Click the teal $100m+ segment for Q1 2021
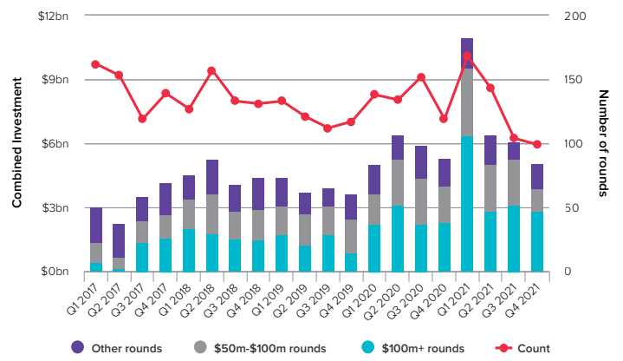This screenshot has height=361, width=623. coord(467,204)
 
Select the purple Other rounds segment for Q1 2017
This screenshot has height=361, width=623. coord(96,225)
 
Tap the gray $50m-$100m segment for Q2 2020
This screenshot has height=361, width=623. coord(398,182)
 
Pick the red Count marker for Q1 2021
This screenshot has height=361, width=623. coord(467,56)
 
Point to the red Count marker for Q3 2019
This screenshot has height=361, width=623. coord(328,128)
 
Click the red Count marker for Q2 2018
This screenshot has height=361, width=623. coord(211,70)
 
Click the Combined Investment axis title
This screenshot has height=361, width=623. coord(16,143)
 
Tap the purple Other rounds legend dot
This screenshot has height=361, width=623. coord(77,348)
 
